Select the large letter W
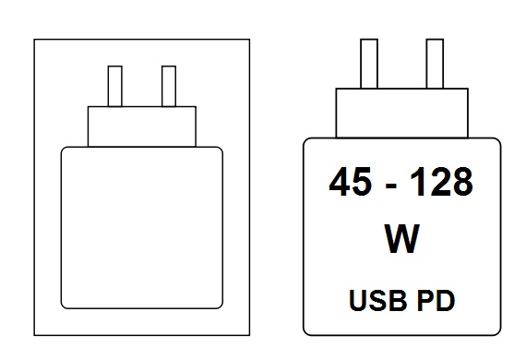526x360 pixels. [401, 239]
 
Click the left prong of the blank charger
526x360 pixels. [115, 86]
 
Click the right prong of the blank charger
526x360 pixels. [168, 86]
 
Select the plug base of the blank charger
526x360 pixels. [142, 126]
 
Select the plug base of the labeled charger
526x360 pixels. [401, 112]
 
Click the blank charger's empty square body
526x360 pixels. [141, 226]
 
